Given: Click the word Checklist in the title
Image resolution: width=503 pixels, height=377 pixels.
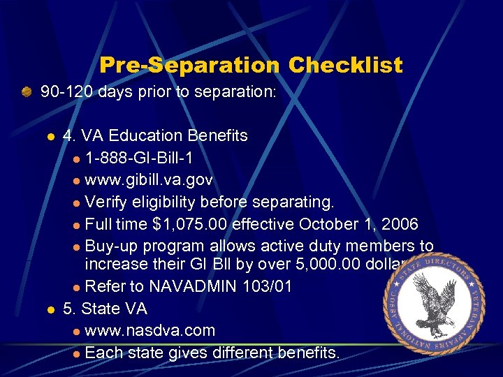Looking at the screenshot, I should (x=346, y=66).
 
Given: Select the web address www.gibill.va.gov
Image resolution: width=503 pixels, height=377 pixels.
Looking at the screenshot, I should (x=149, y=180).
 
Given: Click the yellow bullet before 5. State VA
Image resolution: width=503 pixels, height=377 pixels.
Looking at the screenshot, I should (x=50, y=309).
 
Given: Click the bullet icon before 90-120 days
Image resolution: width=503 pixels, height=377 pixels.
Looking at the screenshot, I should (x=27, y=91).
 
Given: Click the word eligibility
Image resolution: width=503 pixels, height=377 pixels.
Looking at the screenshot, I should (x=163, y=202).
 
